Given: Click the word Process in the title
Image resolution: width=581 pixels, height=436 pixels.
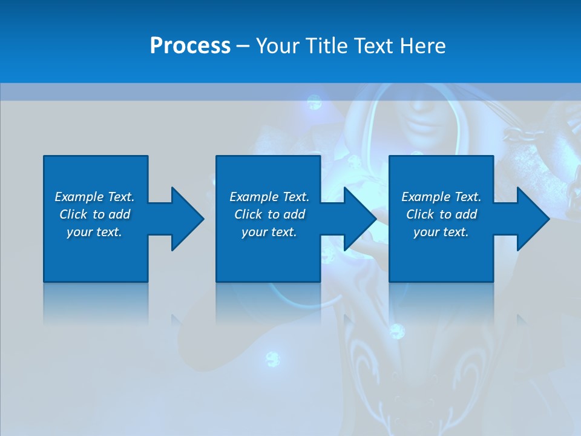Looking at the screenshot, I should coord(190,46).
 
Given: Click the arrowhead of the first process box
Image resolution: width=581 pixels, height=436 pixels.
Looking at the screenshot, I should coord(187,219).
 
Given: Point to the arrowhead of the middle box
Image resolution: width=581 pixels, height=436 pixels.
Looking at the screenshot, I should coord(359,219).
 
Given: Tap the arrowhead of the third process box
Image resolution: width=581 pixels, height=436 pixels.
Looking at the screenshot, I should coord(533,219).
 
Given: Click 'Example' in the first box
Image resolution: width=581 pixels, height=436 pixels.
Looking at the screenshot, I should coord(79,197).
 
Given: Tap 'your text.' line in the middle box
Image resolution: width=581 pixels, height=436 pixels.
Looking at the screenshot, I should coord(269,232).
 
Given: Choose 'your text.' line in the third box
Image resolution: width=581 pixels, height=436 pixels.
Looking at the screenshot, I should coord(441,232).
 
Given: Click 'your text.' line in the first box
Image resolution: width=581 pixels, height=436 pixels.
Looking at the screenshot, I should coord(94,232).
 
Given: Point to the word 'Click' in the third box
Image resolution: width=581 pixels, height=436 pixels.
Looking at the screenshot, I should coord(421,214).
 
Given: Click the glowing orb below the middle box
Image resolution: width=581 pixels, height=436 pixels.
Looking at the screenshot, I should coord(273,359).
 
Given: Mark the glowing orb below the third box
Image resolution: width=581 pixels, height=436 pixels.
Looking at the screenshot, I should coord(397,331).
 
